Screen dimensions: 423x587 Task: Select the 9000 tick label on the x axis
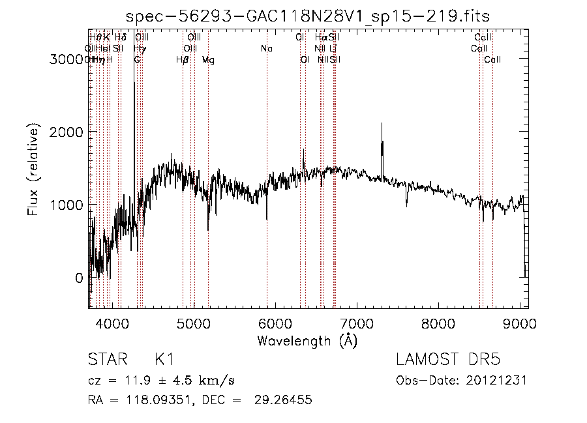point(520,323)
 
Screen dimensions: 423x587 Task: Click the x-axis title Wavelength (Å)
point(307,340)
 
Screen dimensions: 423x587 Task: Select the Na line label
point(266,49)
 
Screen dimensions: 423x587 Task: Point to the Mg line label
point(208,60)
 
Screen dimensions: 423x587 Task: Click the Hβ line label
point(183,60)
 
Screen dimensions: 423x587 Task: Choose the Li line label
point(333,49)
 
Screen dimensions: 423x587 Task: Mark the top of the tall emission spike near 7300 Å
point(382,124)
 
